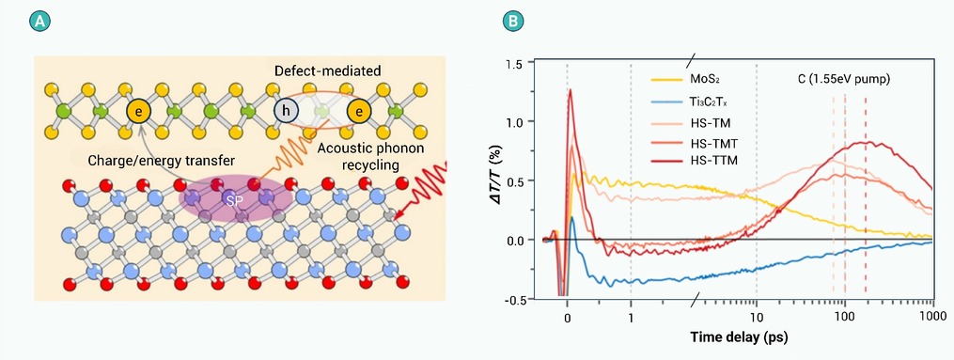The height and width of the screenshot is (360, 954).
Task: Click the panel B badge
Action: point(513,22)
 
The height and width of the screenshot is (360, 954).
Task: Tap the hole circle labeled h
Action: point(284,111)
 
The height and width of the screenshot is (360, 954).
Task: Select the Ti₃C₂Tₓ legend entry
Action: point(683,102)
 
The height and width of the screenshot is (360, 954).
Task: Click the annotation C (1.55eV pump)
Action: point(843,79)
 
